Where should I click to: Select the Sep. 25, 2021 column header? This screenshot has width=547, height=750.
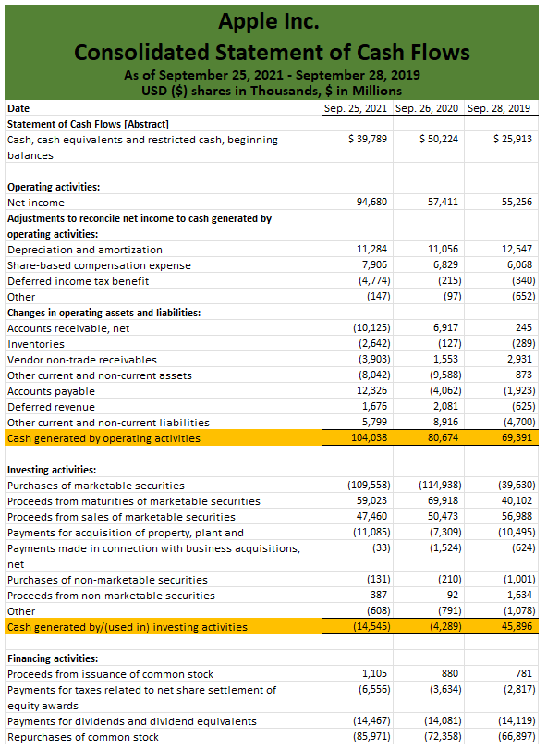point(356,108)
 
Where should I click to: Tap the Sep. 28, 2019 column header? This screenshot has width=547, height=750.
point(499,108)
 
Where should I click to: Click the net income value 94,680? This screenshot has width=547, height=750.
point(372,202)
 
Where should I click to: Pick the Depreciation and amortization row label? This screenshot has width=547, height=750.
point(85,250)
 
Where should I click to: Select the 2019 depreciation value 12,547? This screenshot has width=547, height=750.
point(517,250)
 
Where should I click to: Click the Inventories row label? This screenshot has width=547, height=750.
point(36,344)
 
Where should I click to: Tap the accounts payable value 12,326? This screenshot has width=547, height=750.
point(372,391)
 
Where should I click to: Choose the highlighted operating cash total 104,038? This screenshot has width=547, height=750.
point(370,438)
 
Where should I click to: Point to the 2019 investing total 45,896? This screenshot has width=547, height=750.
point(516,627)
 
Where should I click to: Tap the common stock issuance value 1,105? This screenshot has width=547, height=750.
point(375,674)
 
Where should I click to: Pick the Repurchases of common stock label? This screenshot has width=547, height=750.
point(83,737)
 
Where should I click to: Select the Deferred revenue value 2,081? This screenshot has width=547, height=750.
point(444,407)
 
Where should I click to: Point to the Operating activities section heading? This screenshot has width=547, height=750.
point(54,187)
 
